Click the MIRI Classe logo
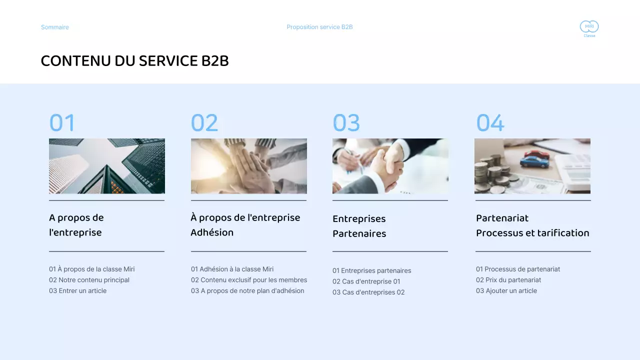click(589, 28)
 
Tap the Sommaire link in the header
click(55, 27)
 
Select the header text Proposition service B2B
click(319, 27)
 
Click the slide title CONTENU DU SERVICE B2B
click(134, 61)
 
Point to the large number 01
click(62, 123)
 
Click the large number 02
click(204, 123)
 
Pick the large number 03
click(346, 123)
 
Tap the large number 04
click(490, 123)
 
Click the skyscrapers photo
click(107, 166)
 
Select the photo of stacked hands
click(249, 166)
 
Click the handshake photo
click(390, 166)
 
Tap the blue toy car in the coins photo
click(533, 161)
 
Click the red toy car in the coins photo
click(537, 153)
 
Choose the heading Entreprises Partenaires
click(359, 226)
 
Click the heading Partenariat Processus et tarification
click(532, 225)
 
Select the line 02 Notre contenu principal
click(89, 280)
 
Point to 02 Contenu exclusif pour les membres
click(249, 280)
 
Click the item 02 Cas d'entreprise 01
click(366, 281)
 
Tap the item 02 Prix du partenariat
click(508, 280)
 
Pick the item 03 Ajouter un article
click(506, 290)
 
